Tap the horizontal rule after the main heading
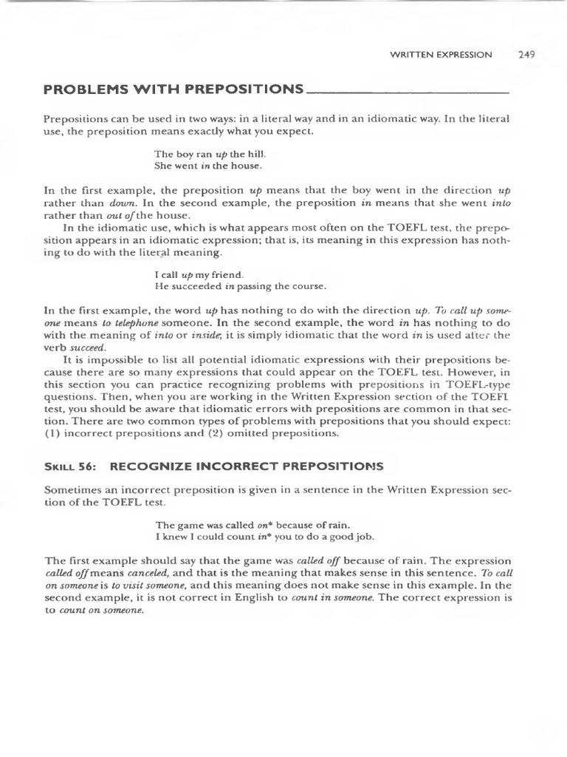[407, 92]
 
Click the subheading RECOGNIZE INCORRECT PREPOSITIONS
[247, 466]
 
